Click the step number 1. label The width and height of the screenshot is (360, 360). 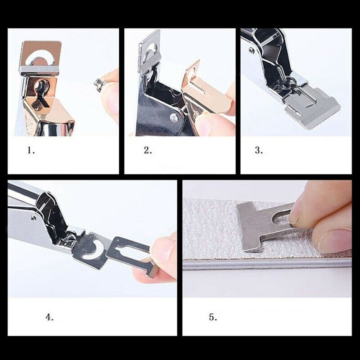pyautogui.click(x=31, y=151)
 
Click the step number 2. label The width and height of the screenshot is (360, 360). pyautogui.click(x=148, y=151)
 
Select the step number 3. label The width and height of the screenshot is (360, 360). pyautogui.click(x=259, y=151)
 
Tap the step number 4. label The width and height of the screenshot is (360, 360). pyautogui.click(x=49, y=317)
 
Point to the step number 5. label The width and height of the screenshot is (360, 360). pyautogui.click(x=213, y=317)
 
